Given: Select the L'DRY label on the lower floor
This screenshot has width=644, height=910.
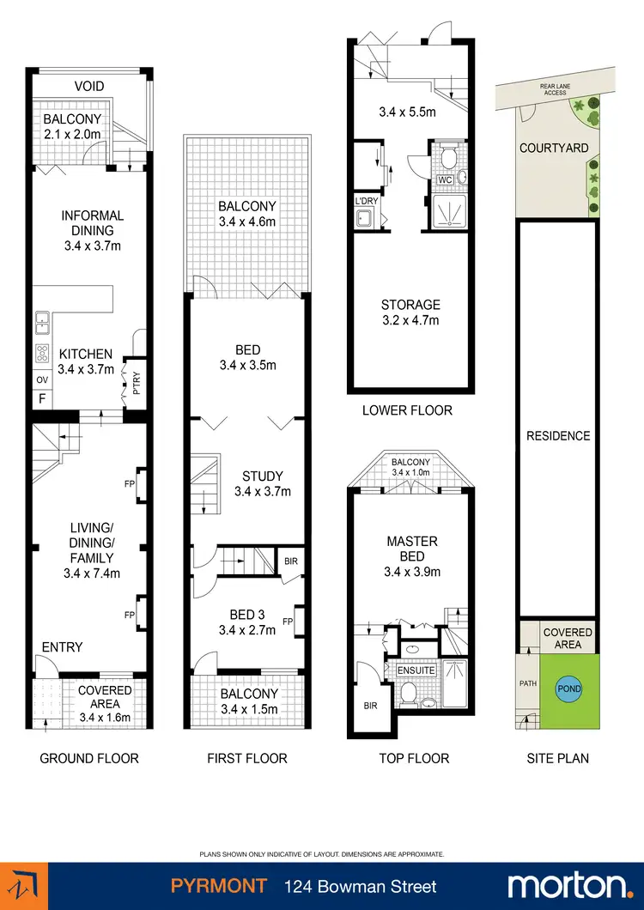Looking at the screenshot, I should point(367,202).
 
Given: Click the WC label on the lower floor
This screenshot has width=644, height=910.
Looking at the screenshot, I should point(445,180).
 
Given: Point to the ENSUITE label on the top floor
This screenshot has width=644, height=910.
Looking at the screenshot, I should point(416,670).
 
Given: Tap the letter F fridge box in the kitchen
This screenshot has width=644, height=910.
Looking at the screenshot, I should point(41,398).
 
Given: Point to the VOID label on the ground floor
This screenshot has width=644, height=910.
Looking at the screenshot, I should point(89,87).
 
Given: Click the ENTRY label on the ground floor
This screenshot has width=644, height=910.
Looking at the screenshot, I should point(63,646).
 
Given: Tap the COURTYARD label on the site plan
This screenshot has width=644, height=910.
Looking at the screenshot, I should point(554,148).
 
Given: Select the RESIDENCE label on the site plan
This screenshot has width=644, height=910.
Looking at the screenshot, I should point(558,435).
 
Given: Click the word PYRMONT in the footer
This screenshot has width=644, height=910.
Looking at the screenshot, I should point(217,886).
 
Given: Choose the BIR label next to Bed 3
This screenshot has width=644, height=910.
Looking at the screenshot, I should point(290,563).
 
